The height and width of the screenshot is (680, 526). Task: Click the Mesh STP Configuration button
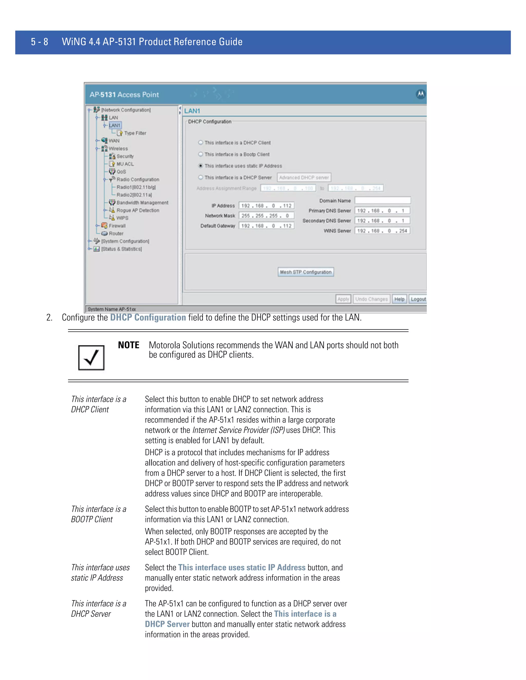coord(305,272)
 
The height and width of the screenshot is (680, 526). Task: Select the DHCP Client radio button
coord(201,143)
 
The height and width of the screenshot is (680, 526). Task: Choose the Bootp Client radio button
coord(201,154)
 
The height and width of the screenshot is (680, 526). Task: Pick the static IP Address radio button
coord(201,166)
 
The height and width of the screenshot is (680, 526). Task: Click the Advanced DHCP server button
coord(304,178)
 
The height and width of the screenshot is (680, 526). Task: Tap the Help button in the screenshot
coord(399,299)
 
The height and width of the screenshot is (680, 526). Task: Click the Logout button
coord(418,299)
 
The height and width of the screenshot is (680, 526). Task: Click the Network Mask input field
coord(266,216)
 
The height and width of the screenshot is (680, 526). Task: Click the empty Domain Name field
coord(383,200)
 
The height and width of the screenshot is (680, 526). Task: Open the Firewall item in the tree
coord(117,226)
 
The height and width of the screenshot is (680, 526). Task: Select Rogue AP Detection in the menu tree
coord(138,210)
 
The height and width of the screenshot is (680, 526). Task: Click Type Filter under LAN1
coord(135,133)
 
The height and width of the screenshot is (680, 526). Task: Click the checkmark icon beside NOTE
coord(91,357)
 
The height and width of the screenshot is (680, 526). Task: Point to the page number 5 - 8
coord(40,42)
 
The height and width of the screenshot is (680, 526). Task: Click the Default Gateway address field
coord(266,226)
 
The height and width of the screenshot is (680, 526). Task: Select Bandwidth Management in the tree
coord(142,202)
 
